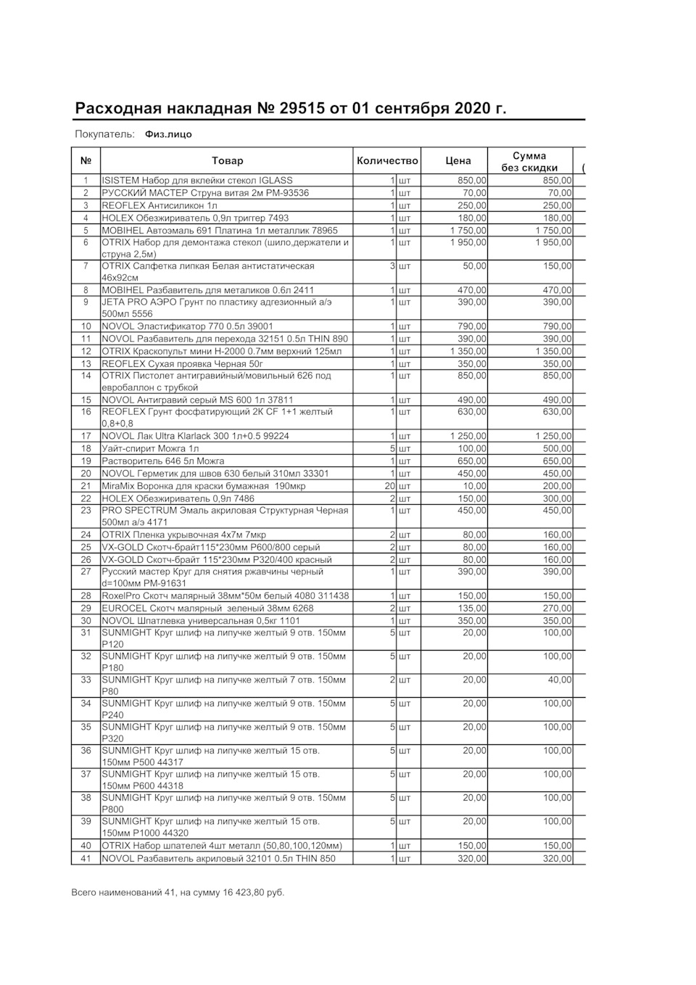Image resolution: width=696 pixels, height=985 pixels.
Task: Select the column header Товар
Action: (x=228, y=161)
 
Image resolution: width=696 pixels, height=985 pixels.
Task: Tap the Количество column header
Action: (x=387, y=161)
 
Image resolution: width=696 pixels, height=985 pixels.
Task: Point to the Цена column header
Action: (x=457, y=161)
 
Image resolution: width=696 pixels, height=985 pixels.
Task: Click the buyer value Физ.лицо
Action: (x=168, y=134)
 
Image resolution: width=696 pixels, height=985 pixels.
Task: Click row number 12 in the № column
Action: (x=86, y=351)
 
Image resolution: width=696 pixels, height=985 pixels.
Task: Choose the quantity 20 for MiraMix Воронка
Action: (x=390, y=486)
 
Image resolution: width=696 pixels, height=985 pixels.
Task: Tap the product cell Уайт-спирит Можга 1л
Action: (x=150, y=449)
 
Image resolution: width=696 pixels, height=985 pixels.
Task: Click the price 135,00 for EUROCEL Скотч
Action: (x=472, y=609)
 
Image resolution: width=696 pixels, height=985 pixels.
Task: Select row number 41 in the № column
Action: (x=86, y=859)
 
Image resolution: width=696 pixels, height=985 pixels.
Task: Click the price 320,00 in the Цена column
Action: (x=472, y=859)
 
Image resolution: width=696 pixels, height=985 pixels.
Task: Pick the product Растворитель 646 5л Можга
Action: (x=163, y=461)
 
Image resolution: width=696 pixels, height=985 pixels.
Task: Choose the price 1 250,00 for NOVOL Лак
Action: (x=468, y=437)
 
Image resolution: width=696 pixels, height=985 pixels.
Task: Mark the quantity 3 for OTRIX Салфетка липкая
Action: (x=392, y=266)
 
